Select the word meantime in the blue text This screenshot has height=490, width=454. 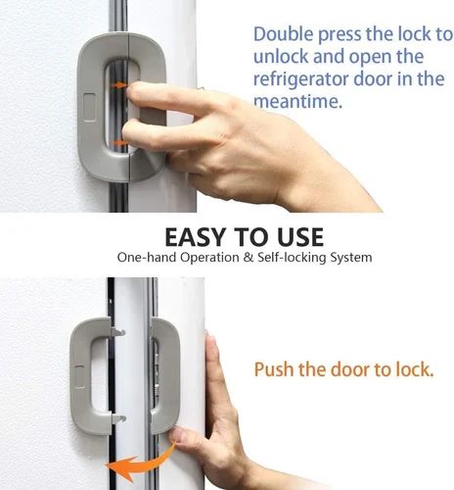(295, 102)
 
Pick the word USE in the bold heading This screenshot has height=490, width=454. (300, 238)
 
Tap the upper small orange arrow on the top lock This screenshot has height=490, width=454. (121, 86)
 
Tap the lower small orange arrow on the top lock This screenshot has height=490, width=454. (119, 143)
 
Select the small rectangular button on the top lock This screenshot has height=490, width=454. (90, 106)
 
